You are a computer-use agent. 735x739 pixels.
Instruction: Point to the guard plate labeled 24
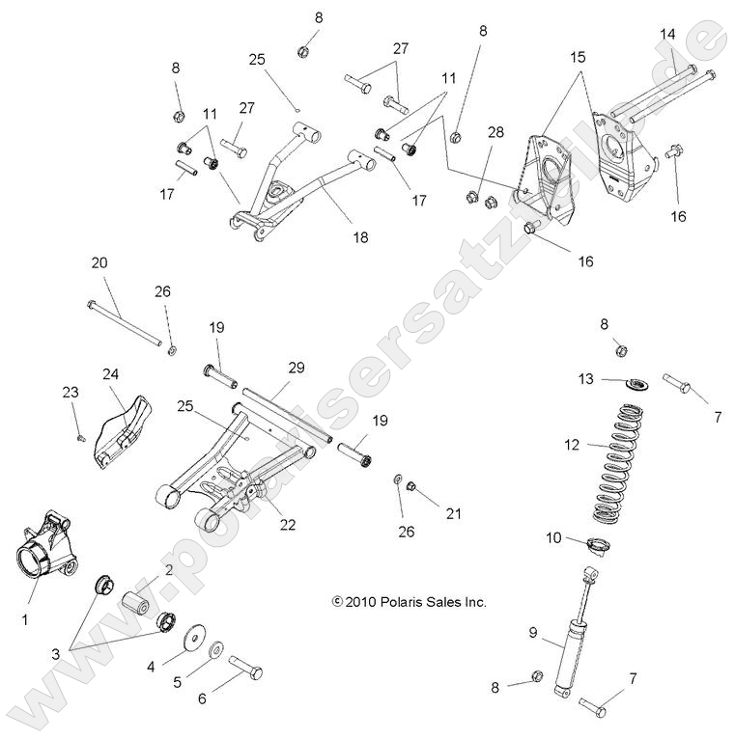[127, 424]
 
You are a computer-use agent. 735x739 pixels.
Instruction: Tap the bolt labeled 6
[246, 668]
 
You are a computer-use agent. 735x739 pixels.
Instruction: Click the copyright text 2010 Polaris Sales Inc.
[410, 602]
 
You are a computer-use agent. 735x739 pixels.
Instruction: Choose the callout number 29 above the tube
[296, 369]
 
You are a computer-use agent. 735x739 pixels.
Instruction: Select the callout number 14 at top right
[667, 35]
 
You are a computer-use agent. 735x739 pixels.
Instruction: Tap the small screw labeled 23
[78, 437]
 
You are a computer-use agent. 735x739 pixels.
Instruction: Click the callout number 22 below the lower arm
[288, 524]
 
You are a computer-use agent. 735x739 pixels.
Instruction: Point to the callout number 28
[495, 131]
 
